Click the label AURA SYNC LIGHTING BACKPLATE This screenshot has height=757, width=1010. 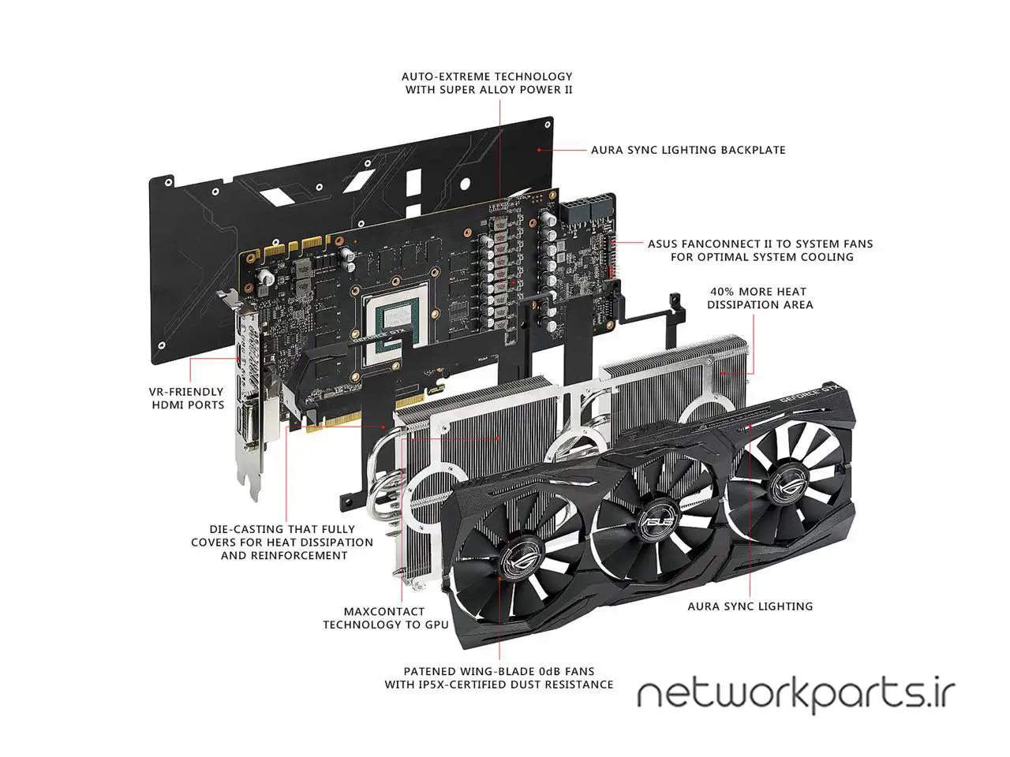pos(688,150)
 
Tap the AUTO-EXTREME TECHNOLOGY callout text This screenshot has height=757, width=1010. pos(488,83)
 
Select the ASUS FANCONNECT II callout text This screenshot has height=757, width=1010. pos(760,250)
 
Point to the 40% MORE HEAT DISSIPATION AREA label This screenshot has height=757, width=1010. pos(760,298)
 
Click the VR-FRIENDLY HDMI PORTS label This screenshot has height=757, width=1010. pos(187,398)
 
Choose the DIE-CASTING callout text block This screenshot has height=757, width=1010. pos(282,543)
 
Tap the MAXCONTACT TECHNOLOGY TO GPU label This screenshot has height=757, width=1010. pos(385,617)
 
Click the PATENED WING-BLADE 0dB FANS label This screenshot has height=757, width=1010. pos(499,677)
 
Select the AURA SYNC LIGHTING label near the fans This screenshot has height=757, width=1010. pos(750,606)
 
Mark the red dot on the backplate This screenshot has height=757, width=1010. pos(539,149)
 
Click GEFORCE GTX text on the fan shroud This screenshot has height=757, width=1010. pos(804,394)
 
